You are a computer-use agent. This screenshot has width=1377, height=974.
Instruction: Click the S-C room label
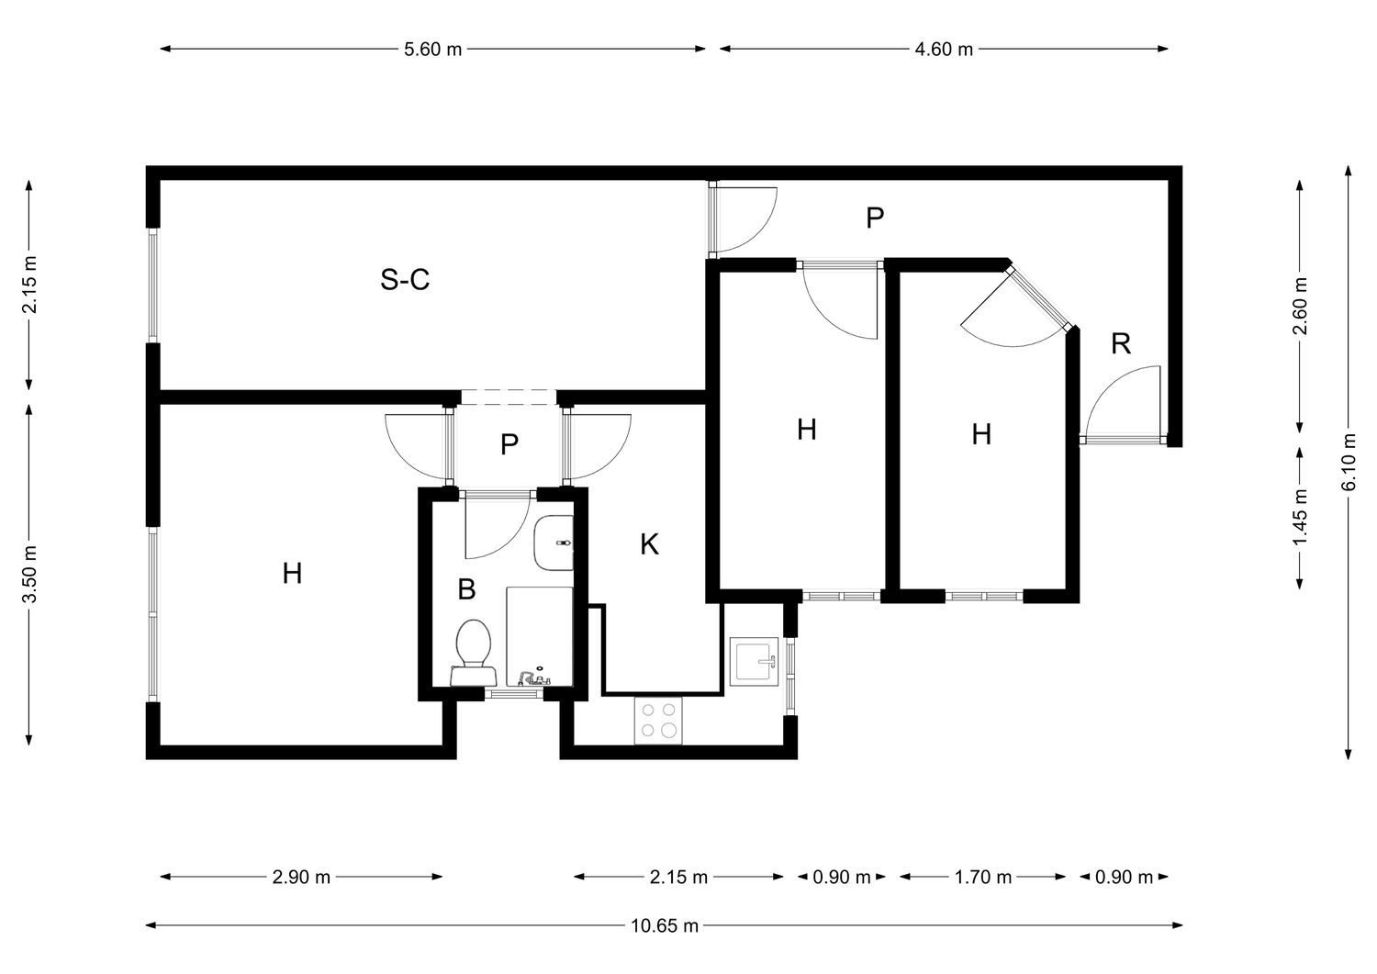pos(405,279)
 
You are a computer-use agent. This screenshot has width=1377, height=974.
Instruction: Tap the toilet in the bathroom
pos(473,653)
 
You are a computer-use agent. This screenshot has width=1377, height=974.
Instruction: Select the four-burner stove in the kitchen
pos(658,720)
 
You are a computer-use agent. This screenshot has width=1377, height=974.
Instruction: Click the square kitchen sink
pos(754,661)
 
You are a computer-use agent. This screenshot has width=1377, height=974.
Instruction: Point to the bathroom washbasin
pos(554,543)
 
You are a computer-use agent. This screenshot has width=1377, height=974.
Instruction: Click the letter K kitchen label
pos(649,544)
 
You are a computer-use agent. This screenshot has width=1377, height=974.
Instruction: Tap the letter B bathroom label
pos(466,589)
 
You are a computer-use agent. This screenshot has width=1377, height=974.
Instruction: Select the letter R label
pos(1121,343)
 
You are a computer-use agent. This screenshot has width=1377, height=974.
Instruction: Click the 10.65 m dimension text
pos(665,925)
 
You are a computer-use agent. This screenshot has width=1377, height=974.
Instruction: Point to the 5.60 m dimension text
pos(432,50)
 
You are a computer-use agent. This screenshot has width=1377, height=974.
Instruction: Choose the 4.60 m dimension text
pos(944,50)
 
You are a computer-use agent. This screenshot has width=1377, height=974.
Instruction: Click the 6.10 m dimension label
pos(1349,462)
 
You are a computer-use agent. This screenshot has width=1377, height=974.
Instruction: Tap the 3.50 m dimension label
pos(28,574)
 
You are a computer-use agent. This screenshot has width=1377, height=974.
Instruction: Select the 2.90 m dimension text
pos(301,877)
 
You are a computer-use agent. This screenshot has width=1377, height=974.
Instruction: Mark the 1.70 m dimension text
pos(983,877)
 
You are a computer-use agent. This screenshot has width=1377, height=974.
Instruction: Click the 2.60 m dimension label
pos(1300,306)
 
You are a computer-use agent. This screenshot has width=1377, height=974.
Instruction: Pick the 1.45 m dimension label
pos(1300,517)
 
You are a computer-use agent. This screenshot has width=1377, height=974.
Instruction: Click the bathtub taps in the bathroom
pos(533,677)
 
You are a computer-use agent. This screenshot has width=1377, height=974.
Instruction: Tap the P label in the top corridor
pos(875,218)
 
